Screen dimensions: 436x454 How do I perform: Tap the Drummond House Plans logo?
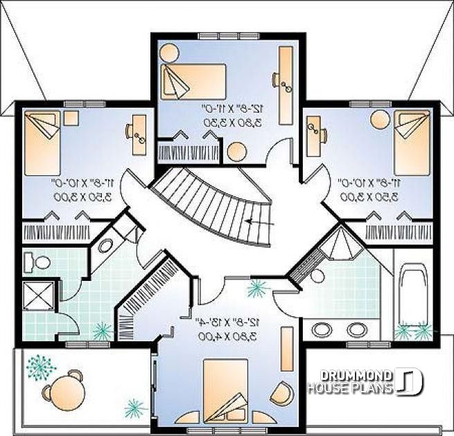tap(365, 382)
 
